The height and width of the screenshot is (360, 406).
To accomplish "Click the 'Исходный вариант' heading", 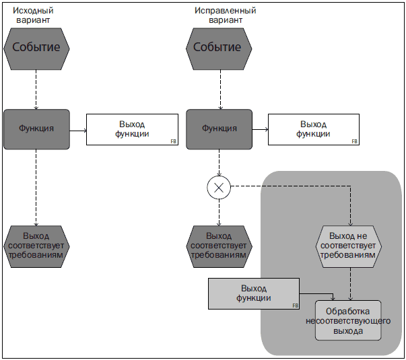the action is click(33, 15).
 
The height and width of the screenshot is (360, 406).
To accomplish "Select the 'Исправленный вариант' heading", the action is click(226, 15).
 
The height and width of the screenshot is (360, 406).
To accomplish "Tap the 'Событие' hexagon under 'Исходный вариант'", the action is click(36, 49).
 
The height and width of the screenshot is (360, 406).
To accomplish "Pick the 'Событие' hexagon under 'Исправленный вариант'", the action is click(219, 49).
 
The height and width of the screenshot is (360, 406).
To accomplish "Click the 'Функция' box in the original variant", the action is click(36, 129).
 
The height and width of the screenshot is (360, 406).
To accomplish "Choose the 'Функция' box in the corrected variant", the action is click(219, 129).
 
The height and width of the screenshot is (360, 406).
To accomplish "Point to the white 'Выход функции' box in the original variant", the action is click(132, 129).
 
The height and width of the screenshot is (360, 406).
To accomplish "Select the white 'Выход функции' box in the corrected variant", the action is click(314, 129).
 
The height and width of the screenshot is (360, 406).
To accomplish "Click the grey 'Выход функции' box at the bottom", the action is click(254, 294).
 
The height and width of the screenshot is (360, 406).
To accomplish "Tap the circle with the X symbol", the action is click(219, 188).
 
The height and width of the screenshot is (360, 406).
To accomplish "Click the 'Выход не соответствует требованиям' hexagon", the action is click(349, 246).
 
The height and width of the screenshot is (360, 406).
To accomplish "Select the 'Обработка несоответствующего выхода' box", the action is click(348, 320).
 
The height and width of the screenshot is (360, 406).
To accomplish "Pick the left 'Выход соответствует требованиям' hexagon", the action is click(36, 246).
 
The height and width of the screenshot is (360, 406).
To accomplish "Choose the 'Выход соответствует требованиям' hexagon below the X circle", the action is click(219, 246).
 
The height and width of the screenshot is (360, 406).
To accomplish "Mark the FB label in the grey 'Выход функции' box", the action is click(295, 305).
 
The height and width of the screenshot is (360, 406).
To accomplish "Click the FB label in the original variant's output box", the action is click(174, 141).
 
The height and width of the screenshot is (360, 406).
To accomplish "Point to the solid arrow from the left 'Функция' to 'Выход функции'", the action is click(78, 131).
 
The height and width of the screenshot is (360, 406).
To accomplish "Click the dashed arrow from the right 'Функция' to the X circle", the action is click(219, 163).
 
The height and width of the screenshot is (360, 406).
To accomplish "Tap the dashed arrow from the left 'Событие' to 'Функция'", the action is click(36, 89).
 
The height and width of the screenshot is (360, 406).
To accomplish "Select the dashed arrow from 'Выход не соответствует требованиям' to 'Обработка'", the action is click(350, 284).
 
